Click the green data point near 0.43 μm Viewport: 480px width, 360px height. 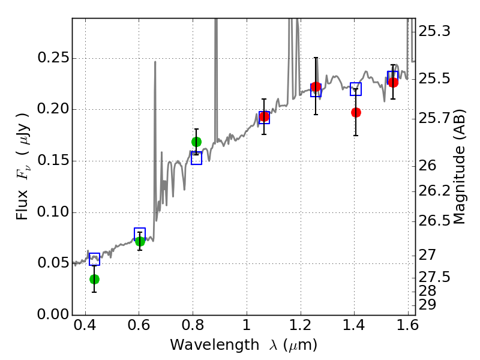click(94, 279)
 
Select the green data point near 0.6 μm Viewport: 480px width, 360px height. click(140, 241)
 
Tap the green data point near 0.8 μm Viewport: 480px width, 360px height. click(196, 142)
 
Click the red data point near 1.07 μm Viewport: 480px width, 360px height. click(264, 116)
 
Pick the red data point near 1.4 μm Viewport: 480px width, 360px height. click(356, 112)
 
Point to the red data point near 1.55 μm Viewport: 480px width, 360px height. click(393, 82)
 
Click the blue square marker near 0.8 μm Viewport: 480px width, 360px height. click(196, 158)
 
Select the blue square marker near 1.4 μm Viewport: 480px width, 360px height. click(356, 89)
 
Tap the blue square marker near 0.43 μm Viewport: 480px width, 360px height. click(94, 259)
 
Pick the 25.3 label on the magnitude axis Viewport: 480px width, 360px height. click(434, 31)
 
